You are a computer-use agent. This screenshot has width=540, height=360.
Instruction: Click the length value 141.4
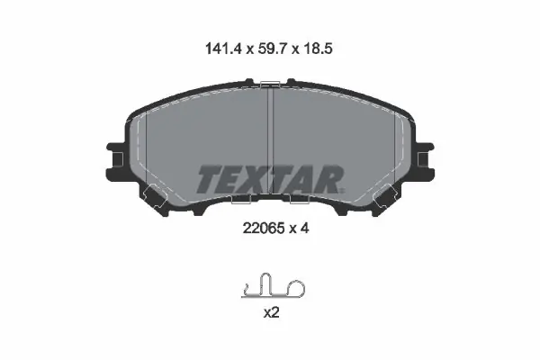(x=224, y=49)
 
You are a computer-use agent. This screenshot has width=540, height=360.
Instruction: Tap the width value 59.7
(x=272, y=49)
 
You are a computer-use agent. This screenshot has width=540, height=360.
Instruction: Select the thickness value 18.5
(x=318, y=49)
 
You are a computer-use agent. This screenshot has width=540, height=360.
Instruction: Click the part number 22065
(x=264, y=228)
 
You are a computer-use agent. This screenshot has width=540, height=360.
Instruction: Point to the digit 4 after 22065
(x=304, y=228)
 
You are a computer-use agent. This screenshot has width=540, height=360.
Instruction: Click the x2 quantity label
(x=271, y=313)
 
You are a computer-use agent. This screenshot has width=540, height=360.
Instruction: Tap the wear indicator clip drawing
(x=273, y=285)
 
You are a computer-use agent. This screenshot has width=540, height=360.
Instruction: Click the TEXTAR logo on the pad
(x=270, y=179)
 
